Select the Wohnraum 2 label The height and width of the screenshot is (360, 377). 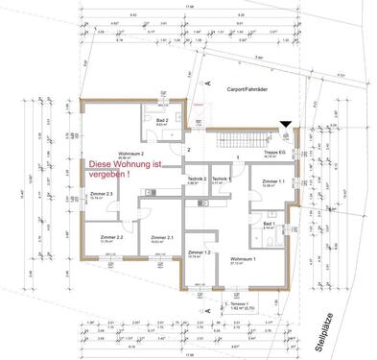[x=131, y=153]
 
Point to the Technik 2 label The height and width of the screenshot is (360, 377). [x=198, y=179]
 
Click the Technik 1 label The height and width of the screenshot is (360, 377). [x=222, y=179]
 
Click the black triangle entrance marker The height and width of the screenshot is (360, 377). [x=284, y=124]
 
